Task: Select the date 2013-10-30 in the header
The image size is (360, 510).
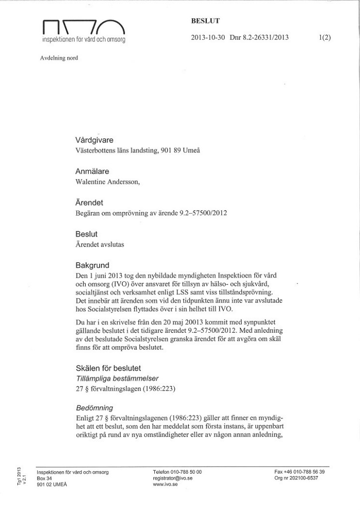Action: point(208,37)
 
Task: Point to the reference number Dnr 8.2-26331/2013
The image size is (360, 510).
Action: point(259,37)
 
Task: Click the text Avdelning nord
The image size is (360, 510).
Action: point(59,58)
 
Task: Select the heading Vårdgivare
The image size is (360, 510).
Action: point(94,140)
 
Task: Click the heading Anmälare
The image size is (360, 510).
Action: point(92,171)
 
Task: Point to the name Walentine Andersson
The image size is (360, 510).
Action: point(107,182)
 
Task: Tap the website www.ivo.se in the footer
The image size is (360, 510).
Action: point(164,483)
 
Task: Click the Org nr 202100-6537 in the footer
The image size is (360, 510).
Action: point(296,477)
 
